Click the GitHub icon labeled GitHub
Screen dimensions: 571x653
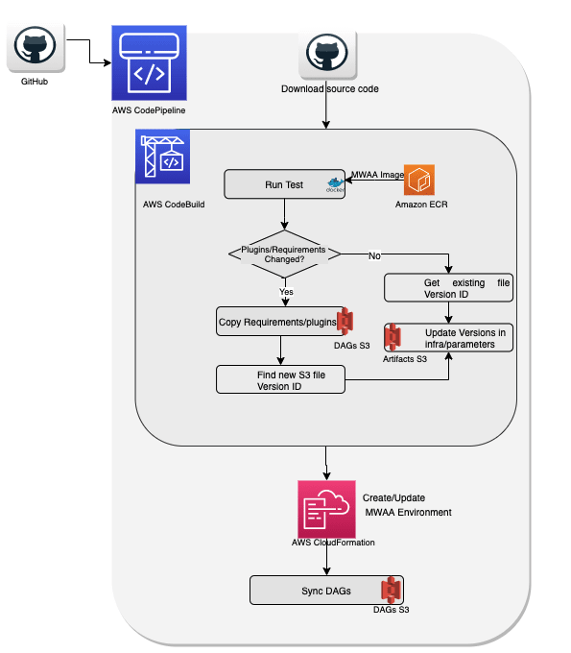[x=36, y=47]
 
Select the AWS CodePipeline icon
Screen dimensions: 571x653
[x=149, y=62]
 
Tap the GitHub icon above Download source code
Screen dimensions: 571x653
[x=327, y=54]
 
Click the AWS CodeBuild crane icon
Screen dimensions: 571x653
[x=163, y=157]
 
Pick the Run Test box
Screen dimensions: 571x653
[x=285, y=184]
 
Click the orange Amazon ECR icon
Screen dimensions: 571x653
[x=419, y=180]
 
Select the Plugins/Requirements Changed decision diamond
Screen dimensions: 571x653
[x=285, y=254]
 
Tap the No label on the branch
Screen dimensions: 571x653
[x=374, y=255]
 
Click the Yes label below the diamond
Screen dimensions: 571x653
[x=286, y=292]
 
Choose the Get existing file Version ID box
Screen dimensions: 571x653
[x=449, y=288]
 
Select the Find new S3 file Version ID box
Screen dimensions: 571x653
[x=280, y=379]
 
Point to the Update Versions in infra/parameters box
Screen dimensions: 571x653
[x=449, y=338]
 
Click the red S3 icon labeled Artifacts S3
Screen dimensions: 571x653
[x=393, y=336]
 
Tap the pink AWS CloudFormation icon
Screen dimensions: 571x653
[x=326, y=509]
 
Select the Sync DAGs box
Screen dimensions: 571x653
[x=326, y=591]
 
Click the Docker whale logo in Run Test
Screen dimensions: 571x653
[x=336, y=184]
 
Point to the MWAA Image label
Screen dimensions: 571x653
[x=377, y=175]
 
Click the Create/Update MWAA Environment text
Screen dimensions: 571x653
[x=407, y=505]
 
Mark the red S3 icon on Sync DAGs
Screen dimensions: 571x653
[x=391, y=590]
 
